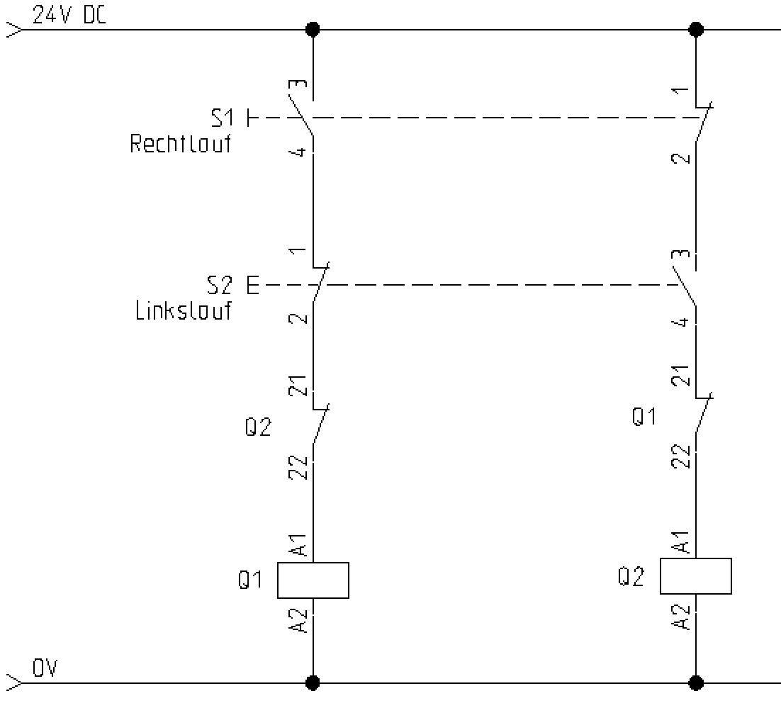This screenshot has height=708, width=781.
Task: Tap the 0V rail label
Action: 45,668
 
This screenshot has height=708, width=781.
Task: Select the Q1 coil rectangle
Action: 313,580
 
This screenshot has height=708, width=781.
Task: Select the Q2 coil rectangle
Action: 695,576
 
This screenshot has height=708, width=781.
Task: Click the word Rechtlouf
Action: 181,145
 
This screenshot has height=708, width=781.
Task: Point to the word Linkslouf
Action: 184,311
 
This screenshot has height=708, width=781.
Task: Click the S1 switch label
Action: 222,118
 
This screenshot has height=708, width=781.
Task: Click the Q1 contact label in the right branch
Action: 644,417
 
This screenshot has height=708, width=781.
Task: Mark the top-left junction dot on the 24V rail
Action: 313,30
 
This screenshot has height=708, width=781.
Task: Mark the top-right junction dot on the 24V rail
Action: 696,30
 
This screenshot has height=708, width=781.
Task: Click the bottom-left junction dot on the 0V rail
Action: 313,682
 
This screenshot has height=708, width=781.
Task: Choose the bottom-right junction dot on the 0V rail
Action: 696,682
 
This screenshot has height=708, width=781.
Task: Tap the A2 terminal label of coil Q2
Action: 681,617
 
